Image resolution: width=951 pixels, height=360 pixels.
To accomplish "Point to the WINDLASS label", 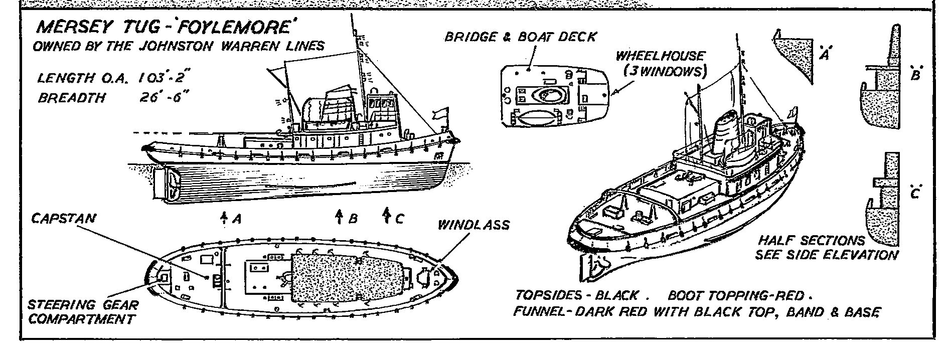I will tap(473, 225).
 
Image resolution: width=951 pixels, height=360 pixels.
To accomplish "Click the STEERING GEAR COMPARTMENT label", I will tap(83, 312).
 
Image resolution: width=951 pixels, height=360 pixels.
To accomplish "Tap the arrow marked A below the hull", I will tap(224, 217).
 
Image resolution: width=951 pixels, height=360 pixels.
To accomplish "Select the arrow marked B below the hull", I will tap(339, 217).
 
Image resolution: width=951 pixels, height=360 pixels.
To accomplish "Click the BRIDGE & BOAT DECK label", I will tap(520, 37).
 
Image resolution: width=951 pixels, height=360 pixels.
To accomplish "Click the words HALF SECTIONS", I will tap(811, 241).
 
